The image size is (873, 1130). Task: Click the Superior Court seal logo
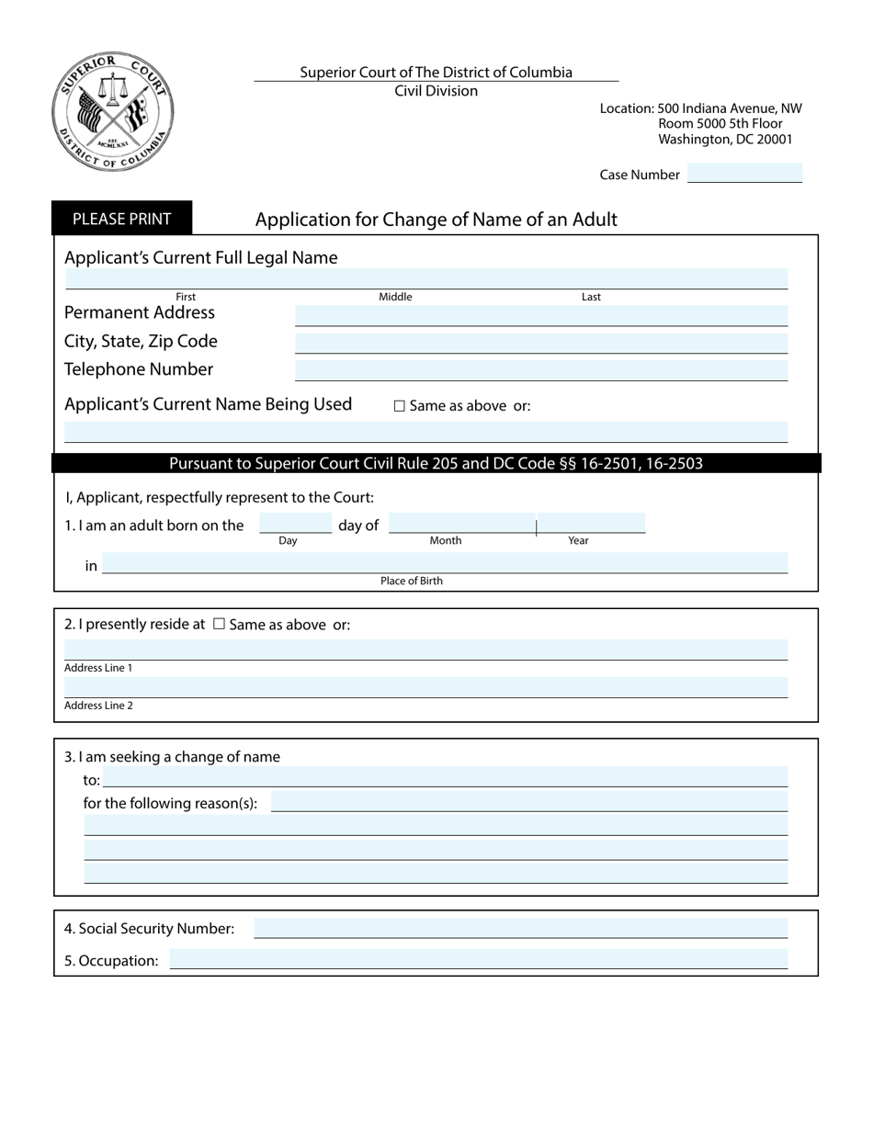[x=112, y=111]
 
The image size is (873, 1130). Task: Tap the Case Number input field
[x=744, y=174]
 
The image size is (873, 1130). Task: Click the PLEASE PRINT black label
[x=121, y=219]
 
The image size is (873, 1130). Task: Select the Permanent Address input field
[x=540, y=315]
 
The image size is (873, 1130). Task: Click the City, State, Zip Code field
[x=540, y=344]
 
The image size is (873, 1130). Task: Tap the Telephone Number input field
[x=540, y=371]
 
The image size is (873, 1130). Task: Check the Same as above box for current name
[x=400, y=406]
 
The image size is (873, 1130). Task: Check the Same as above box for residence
[x=219, y=624]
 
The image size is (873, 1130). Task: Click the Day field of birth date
[x=295, y=524]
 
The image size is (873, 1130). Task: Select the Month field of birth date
[x=461, y=524]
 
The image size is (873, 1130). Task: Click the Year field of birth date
[x=591, y=524]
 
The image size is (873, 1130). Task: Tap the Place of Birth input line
[x=445, y=563]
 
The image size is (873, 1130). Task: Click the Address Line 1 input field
[x=426, y=650]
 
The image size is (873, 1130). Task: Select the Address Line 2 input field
[x=426, y=687]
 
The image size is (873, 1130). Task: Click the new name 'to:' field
[x=445, y=777]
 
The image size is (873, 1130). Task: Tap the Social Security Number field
[x=520, y=928]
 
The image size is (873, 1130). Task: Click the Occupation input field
[x=478, y=960]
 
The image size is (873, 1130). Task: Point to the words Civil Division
[x=436, y=91]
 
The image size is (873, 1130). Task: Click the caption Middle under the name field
[x=395, y=297]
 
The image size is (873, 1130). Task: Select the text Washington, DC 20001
[x=725, y=140]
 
